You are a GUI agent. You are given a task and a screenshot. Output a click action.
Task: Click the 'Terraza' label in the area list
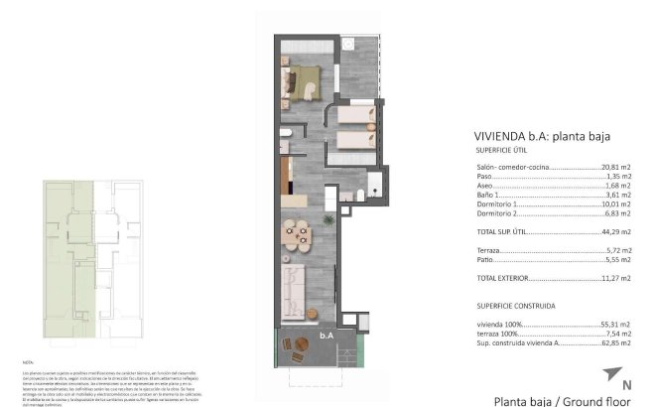coord(487,249)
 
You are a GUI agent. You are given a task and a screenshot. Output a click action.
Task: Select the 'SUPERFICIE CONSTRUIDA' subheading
coord(515,306)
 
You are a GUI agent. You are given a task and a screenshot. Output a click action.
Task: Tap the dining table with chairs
coord(295,234)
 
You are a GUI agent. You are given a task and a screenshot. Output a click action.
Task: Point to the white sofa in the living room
coord(293,287)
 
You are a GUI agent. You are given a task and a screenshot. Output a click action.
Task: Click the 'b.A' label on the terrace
coord(326,337)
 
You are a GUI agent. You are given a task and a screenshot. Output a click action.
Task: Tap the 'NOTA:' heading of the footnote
coord(28,363)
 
